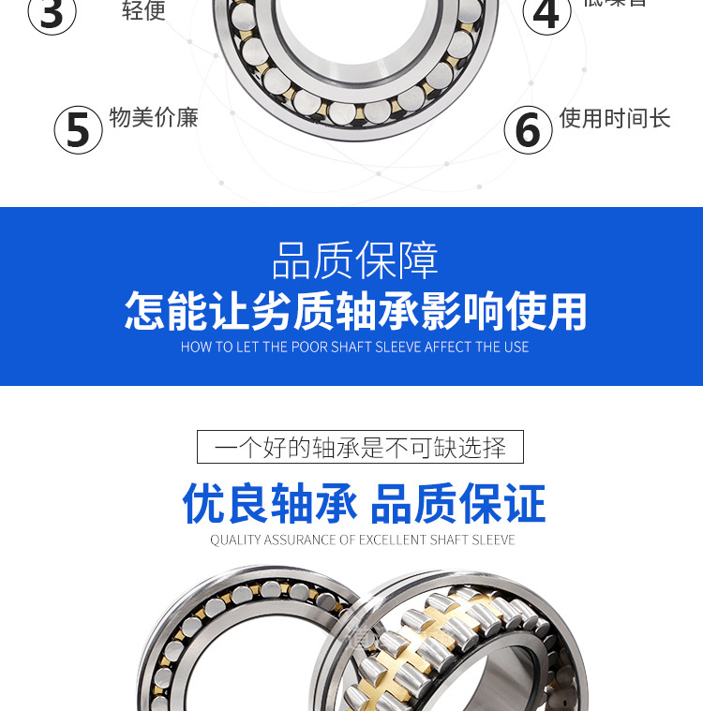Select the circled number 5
point(78,129)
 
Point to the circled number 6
point(528,129)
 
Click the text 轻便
point(143,11)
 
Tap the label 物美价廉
point(154,118)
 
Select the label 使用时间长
point(615,118)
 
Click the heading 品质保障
point(354,260)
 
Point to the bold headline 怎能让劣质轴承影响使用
point(355,311)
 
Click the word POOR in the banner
point(309,348)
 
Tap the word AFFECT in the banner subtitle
point(448,348)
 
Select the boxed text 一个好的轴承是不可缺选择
point(360,447)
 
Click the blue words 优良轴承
point(270,504)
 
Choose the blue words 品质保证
point(458,504)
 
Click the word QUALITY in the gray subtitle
point(235,541)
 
